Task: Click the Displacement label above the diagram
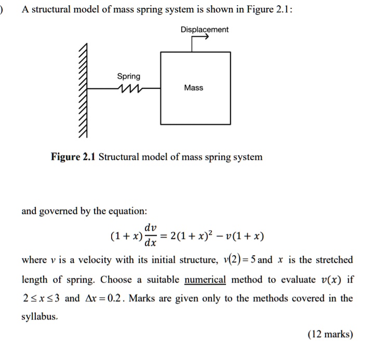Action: pos(204,30)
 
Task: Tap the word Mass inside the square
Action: pos(193,88)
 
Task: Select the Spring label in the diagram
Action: pos(128,76)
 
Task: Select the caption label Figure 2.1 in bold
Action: pos(73,156)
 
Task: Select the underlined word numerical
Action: pos(205,279)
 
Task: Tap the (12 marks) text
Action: pos(330,335)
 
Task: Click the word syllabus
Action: pos(39,316)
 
